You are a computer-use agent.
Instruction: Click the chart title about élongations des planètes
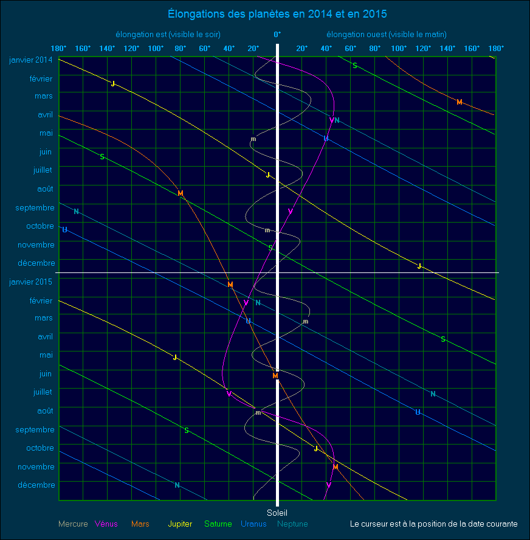277,13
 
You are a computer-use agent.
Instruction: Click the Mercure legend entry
73,524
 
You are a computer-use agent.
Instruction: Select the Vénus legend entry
106,524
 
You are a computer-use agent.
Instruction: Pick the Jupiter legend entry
180,524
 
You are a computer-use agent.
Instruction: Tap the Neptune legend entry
292,524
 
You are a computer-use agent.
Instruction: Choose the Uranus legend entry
253,524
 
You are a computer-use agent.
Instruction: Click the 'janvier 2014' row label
31,60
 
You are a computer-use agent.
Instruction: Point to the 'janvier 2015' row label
31,282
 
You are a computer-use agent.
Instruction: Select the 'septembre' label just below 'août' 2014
35,207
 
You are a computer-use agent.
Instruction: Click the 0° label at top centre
277,34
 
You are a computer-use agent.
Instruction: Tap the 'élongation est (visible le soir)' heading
168,34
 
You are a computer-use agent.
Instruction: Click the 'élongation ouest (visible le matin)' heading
387,34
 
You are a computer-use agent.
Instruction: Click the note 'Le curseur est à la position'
434,524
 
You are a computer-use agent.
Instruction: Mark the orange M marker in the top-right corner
459,102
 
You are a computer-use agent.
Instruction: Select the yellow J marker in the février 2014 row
113,84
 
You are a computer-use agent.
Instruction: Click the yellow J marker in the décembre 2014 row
419,266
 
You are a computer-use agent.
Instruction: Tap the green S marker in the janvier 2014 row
355,66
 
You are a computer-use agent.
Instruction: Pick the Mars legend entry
140,524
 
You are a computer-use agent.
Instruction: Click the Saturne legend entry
217,524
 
